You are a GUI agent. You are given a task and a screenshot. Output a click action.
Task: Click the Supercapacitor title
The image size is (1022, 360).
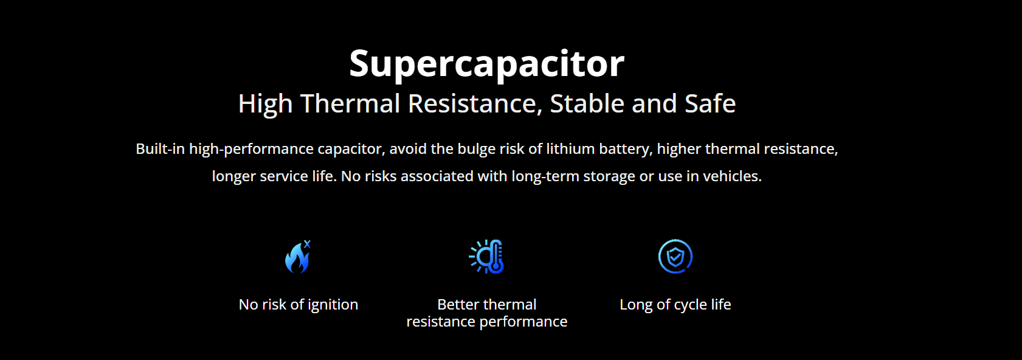tap(486, 64)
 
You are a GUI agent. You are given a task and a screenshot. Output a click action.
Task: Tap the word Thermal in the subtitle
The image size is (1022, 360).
tap(350, 103)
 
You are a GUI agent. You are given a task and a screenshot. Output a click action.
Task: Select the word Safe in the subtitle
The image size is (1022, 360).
tap(710, 103)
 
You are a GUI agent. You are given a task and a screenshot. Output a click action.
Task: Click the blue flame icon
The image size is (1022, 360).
tap(297, 258)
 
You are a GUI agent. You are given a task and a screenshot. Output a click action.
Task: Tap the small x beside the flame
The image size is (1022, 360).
tap(308, 244)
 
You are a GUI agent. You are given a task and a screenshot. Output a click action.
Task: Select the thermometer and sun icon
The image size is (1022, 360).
tap(486, 257)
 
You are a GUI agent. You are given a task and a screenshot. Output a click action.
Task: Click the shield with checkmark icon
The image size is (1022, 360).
tap(675, 257)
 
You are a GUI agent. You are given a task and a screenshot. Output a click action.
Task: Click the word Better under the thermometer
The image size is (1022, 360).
tap(458, 304)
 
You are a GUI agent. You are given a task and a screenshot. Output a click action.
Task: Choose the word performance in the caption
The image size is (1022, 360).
tap(523, 322)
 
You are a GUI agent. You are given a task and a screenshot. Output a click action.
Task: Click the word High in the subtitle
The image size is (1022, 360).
tap(265, 104)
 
